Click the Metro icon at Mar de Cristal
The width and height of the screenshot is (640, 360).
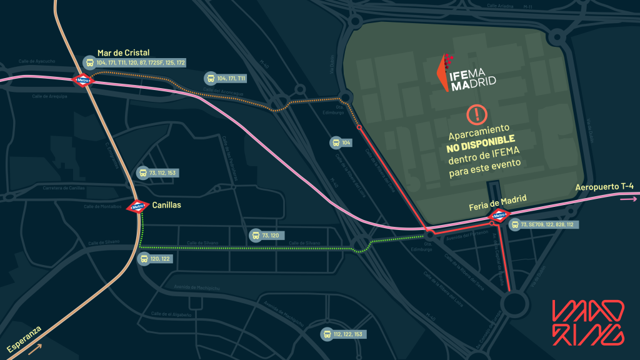pos(82,80)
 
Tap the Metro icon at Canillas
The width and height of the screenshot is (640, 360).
pos(137,206)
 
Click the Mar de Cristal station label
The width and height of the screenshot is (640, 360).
pos(123,53)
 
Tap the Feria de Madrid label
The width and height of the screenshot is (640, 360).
pos(497,201)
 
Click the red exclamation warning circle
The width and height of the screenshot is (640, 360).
pos(476,114)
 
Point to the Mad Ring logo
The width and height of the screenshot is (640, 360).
pos(587,322)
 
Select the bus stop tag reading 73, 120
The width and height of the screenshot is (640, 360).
pos(268,236)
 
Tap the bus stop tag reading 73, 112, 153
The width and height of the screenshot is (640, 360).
pos(158,173)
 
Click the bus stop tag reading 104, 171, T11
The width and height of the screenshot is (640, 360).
pos(227,78)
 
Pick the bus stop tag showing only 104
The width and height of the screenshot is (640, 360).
pos(342,143)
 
